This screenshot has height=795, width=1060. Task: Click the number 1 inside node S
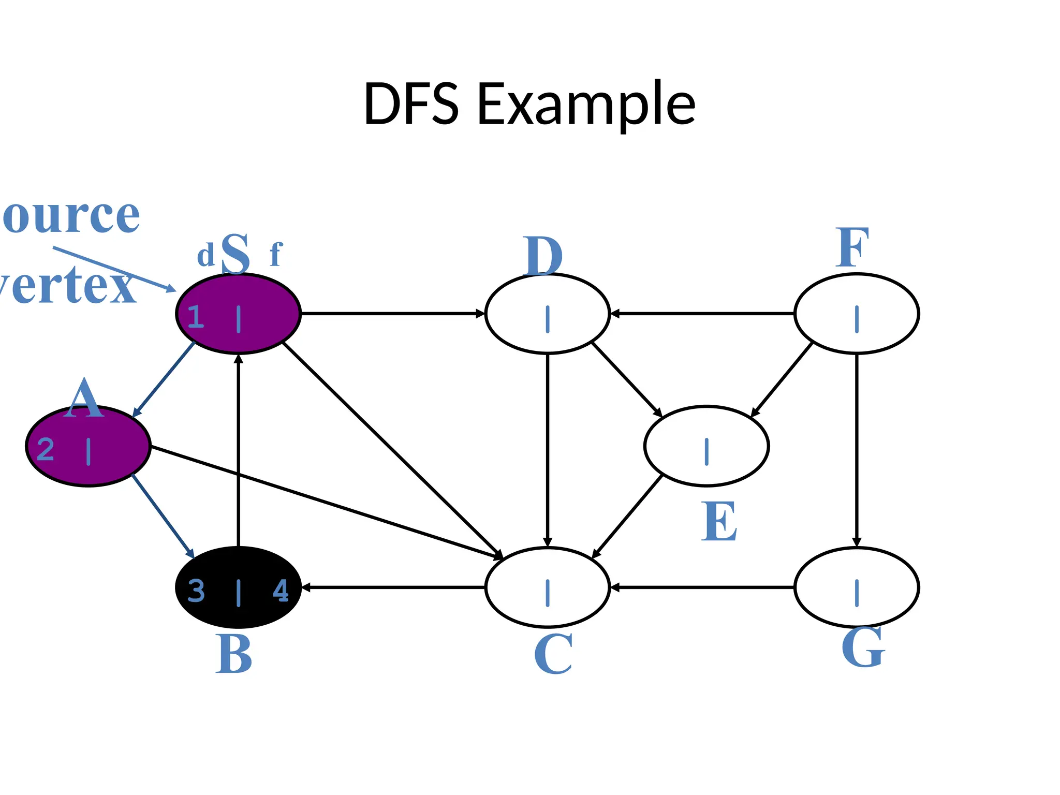coord(196,317)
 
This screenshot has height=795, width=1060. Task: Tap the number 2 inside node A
coord(46,449)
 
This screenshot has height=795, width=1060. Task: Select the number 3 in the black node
coord(196,591)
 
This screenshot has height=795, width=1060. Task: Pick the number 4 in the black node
coord(281,591)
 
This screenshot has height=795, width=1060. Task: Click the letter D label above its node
coord(542,256)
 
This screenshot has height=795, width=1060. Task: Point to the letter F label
coord(852,248)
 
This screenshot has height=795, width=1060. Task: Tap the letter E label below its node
coord(719,521)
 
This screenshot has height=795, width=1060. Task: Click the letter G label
coord(863,647)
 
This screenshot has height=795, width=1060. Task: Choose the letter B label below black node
coord(234,654)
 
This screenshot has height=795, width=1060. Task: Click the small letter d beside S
coord(205,256)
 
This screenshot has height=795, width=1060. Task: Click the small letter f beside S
coord(276,254)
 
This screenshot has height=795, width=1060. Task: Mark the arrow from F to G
coord(857,450)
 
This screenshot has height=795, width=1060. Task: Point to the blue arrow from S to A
coord(164,379)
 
